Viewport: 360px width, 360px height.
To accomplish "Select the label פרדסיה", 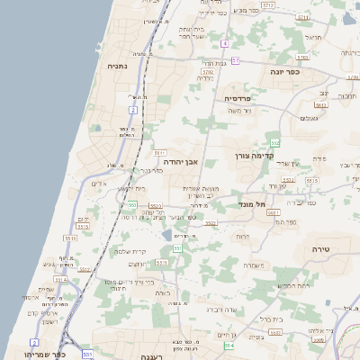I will (236, 98).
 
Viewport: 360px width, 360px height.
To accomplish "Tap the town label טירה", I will (323, 248).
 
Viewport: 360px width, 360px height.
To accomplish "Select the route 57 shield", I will (235, 60).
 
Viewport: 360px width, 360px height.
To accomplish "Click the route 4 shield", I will (223, 42).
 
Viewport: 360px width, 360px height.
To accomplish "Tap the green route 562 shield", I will (275, 142).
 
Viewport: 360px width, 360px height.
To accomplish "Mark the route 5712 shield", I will (268, 5).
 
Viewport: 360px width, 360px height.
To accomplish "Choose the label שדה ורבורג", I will (222, 310).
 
